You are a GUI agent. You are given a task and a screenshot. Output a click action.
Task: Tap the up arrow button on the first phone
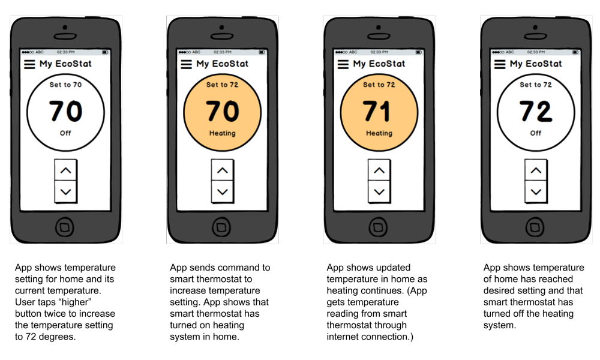click(65, 170)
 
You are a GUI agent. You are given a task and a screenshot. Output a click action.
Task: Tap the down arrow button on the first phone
click(65, 191)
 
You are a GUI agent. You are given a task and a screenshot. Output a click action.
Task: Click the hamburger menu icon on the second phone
click(187, 64)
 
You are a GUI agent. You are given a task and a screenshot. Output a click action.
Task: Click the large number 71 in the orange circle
click(377, 112)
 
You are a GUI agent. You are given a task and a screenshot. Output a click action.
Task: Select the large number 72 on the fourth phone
click(535, 112)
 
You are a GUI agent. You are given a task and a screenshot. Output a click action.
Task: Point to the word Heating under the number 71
click(379, 133)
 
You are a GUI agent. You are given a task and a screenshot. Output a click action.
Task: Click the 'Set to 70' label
click(65, 85)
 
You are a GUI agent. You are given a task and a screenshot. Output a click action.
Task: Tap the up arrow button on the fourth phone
click(536, 170)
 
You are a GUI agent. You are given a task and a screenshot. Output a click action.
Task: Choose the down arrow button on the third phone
click(379, 191)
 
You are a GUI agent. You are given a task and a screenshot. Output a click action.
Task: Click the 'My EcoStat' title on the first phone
click(65, 64)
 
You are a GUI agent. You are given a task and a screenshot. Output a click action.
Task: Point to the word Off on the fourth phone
click(536, 133)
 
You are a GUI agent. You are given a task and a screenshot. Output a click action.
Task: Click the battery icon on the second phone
click(262, 52)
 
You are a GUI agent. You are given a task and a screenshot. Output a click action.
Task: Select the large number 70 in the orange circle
click(223, 112)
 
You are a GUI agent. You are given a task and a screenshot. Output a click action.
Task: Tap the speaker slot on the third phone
click(379, 37)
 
